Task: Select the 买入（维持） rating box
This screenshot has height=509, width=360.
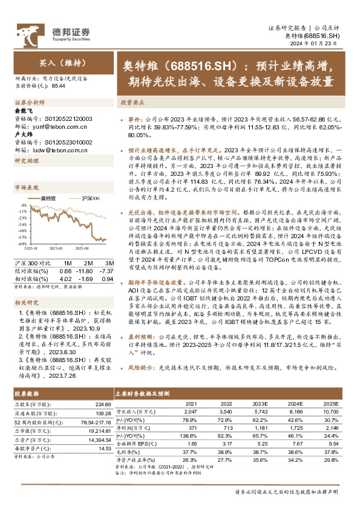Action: click(x=59, y=62)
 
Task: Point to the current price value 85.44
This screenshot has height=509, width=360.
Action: click(x=59, y=86)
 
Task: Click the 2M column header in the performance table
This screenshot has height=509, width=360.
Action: click(x=88, y=256)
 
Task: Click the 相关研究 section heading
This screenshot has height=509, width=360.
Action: click(x=27, y=302)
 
